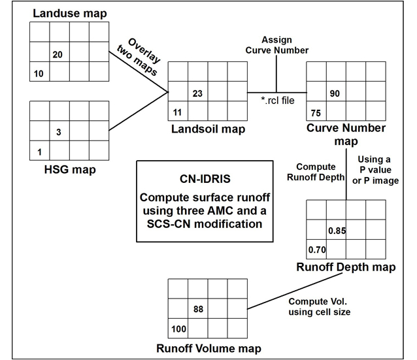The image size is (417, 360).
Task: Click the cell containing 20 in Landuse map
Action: coord(58,56)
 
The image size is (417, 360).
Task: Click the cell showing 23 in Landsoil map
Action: coord(196,94)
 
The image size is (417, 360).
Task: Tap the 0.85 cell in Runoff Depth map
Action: coord(337,231)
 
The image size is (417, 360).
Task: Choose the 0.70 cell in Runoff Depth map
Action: coord(317,250)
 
